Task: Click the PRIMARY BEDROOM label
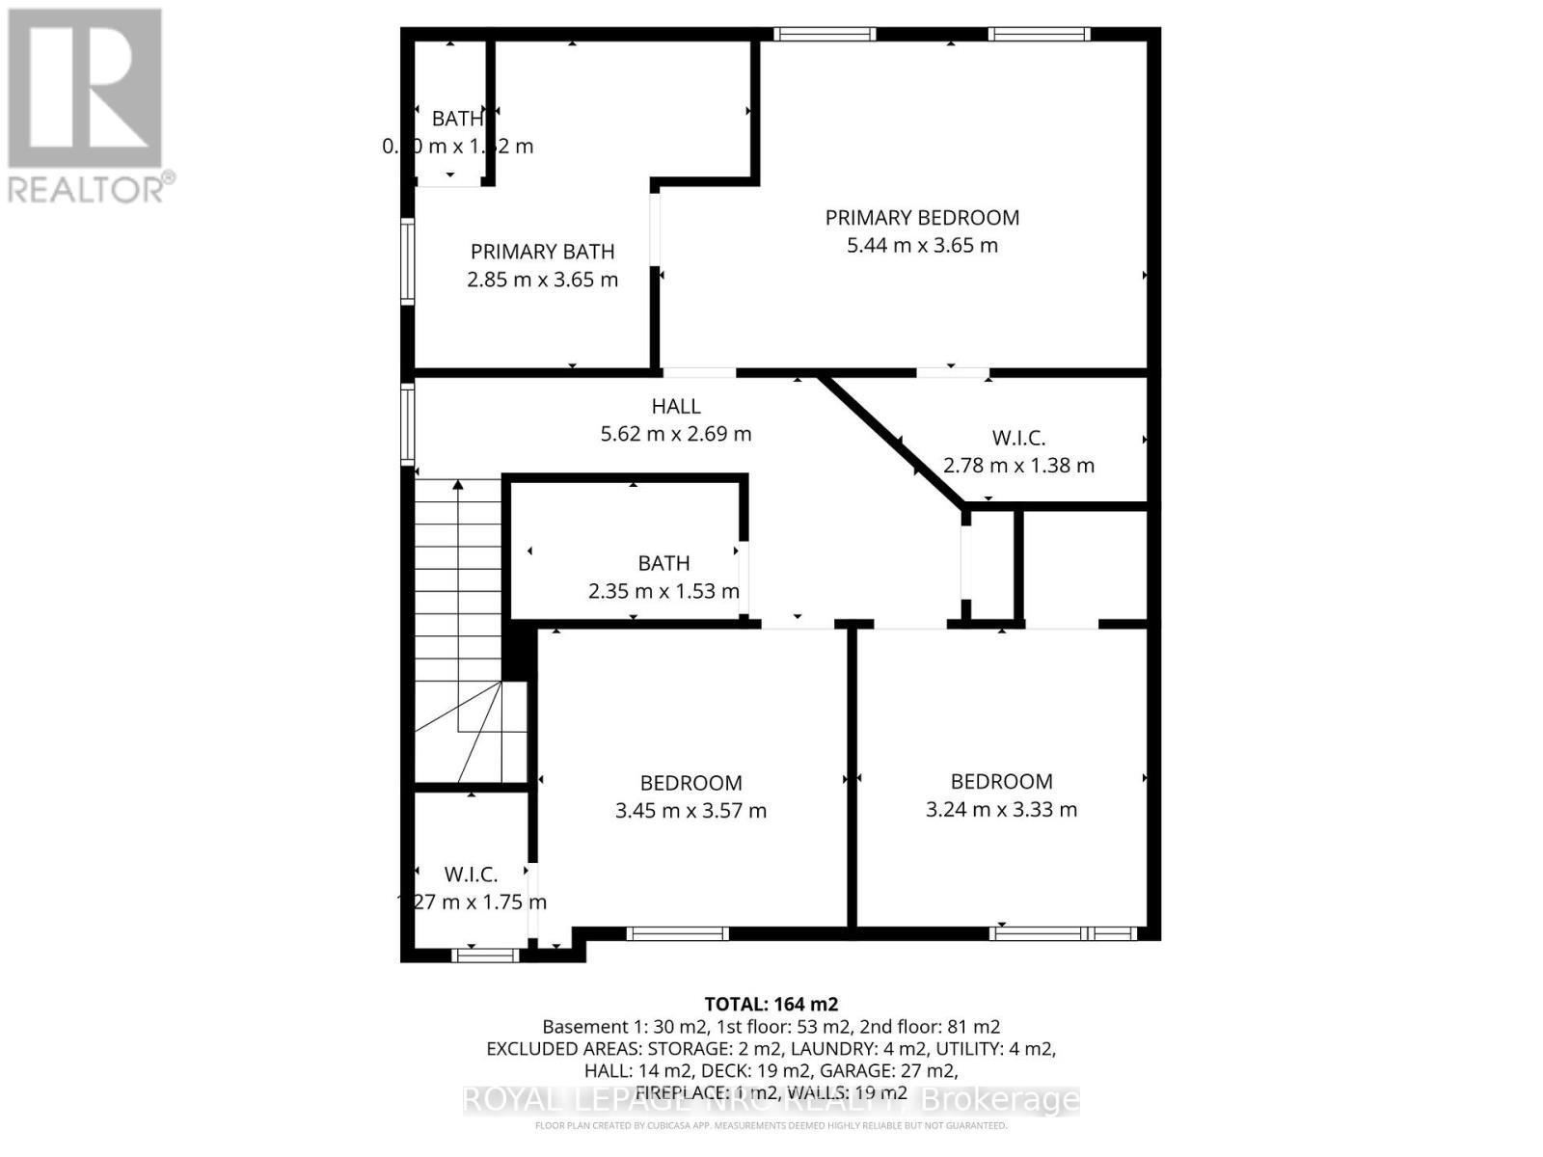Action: tap(922, 218)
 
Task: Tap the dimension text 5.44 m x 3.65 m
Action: tap(922, 245)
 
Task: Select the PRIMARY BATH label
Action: tap(542, 252)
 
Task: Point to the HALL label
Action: tap(676, 407)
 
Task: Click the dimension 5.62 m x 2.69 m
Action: tap(676, 434)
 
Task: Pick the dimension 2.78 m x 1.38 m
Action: tap(1018, 466)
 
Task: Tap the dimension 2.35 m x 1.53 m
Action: tap(663, 591)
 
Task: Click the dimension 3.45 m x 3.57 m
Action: tap(690, 811)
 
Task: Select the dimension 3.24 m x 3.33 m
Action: tap(1001, 810)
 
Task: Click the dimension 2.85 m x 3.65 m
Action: tap(542, 280)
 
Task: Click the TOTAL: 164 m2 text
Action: tap(764, 1004)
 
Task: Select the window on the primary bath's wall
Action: tap(408, 262)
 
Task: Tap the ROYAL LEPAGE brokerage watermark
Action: tap(771, 1099)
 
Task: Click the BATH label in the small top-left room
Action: tap(456, 119)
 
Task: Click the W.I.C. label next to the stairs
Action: tap(471, 874)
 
